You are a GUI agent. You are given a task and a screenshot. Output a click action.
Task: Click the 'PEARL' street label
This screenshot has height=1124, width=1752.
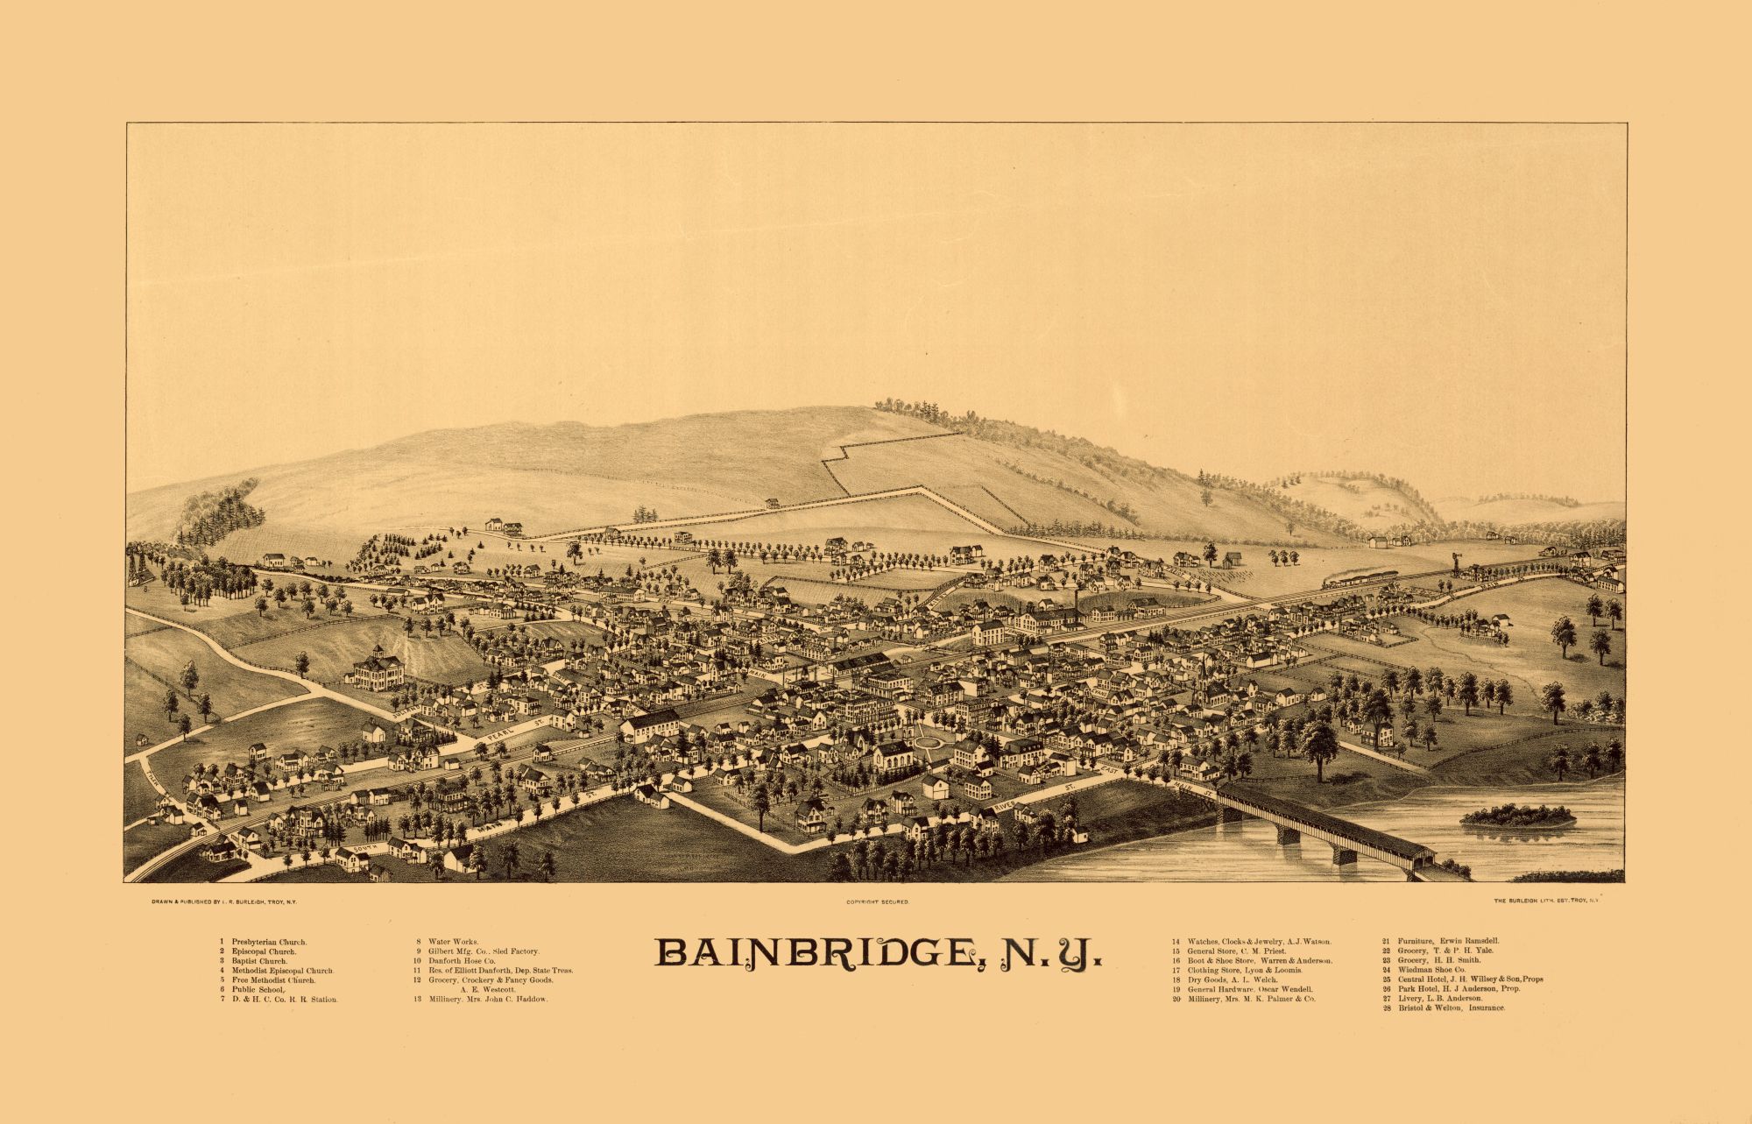pos(500,730)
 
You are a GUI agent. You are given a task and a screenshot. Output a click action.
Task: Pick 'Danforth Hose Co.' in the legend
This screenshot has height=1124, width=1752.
pos(461,961)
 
